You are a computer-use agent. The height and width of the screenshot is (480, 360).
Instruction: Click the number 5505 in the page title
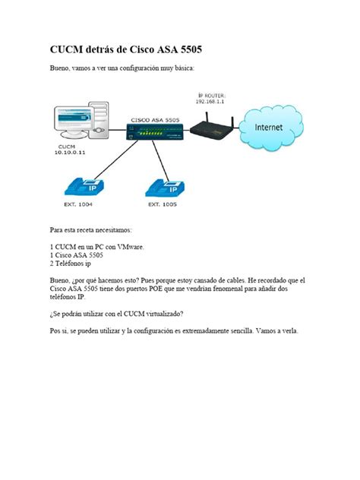point(187,50)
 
